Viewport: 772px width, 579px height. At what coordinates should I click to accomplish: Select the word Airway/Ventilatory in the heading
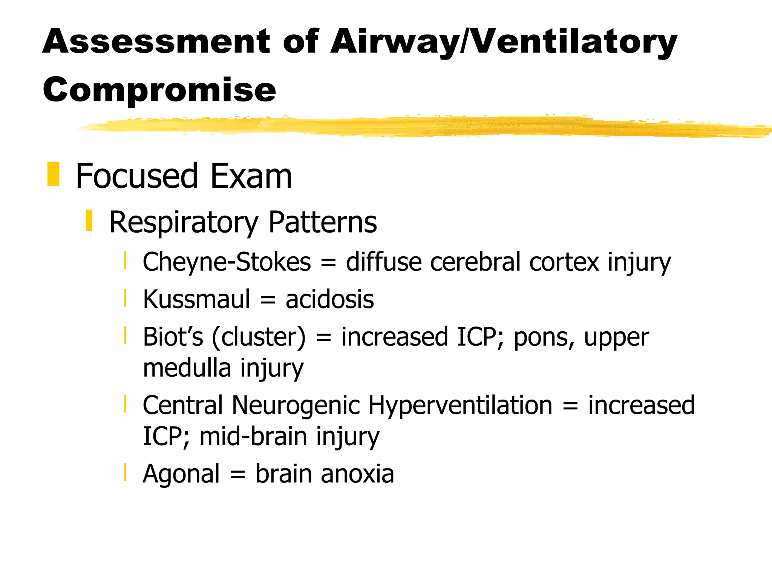pyautogui.click(x=504, y=42)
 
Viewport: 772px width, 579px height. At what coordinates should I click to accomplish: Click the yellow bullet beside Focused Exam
pyautogui.click(x=53, y=174)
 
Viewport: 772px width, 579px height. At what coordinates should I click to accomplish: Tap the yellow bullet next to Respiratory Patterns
pyautogui.click(x=89, y=221)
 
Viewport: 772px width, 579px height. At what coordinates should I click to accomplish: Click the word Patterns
pyautogui.click(x=322, y=222)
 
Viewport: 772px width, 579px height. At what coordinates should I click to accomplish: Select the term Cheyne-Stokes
pyautogui.click(x=227, y=262)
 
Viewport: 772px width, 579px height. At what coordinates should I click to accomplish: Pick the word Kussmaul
pyautogui.click(x=196, y=300)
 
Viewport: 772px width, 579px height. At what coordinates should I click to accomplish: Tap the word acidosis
pyautogui.click(x=329, y=300)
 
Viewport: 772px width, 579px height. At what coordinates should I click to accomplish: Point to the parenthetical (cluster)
pyautogui.click(x=259, y=337)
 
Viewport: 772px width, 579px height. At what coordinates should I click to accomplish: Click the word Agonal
pyautogui.click(x=181, y=474)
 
